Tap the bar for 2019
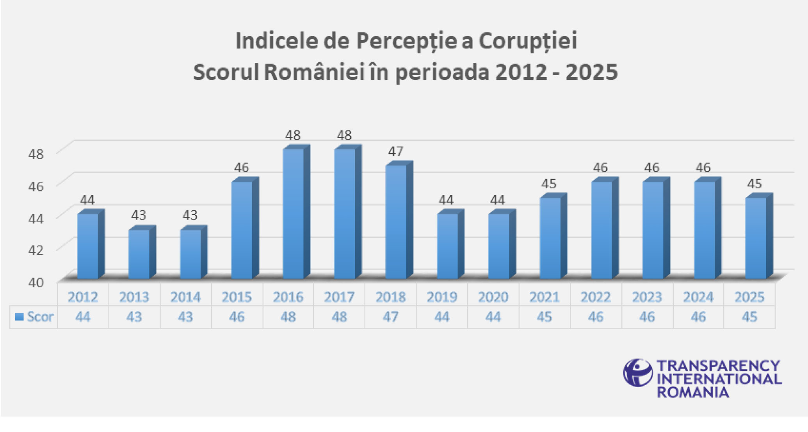click(x=447, y=246)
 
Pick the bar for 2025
click(x=756, y=238)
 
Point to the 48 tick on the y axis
click(x=36, y=154)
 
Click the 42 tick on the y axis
click(x=36, y=250)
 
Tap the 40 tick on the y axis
click(x=36, y=282)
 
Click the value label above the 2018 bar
click(x=395, y=151)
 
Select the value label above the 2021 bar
click(x=549, y=184)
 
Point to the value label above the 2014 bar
click(x=190, y=215)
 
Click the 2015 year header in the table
click(x=237, y=297)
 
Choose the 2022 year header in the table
click(x=596, y=297)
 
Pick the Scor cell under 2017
click(x=339, y=317)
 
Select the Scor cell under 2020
click(x=493, y=317)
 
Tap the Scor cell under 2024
click(x=698, y=317)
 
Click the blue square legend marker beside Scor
click(x=19, y=317)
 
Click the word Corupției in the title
click(x=528, y=41)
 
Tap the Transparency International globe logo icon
click(x=638, y=373)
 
